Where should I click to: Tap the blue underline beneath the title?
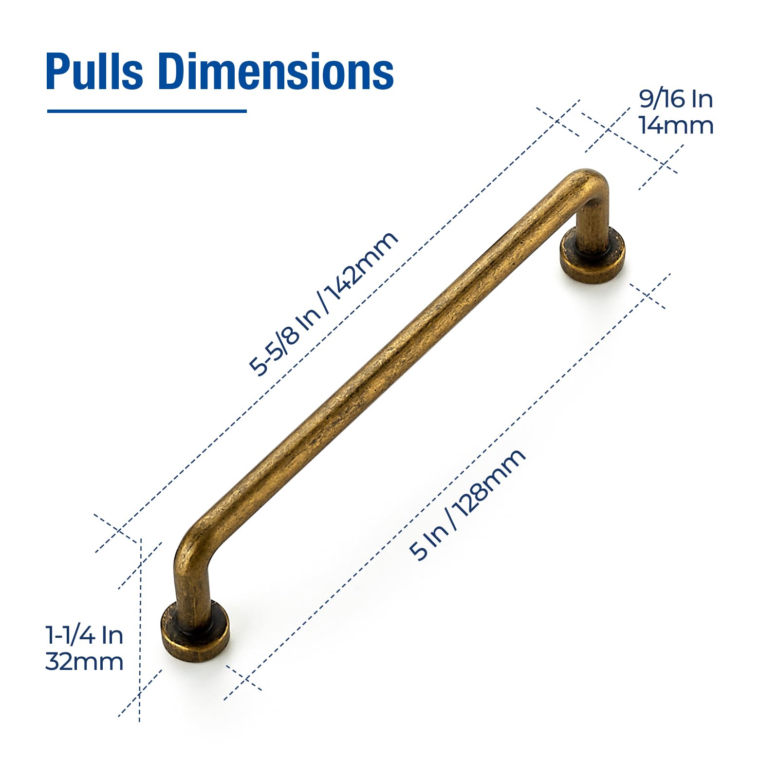(147, 111)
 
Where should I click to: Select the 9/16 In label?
(676, 99)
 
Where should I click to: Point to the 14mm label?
(676, 125)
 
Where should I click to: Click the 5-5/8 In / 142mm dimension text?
(323, 304)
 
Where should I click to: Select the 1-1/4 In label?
(84, 635)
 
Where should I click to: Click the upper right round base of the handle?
(592, 256)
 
